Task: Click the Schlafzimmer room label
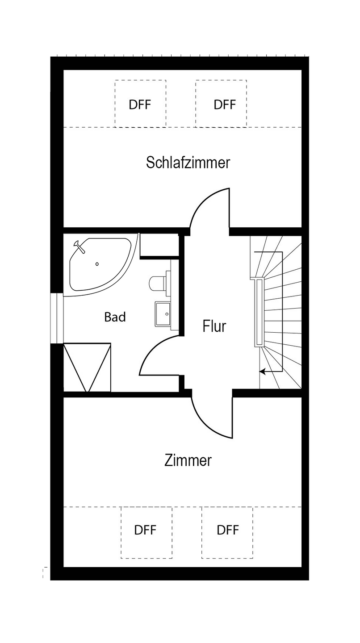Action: click(188, 163)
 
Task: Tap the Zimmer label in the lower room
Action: click(188, 460)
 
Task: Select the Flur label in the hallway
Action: click(214, 326)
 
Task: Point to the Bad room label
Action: click(115, 317)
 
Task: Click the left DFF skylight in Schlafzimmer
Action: click(140, 104)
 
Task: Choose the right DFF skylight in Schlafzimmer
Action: click(221, 104)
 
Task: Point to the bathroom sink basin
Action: click(162, 314)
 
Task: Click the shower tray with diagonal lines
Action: click(87, 367)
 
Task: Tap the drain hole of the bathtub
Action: click(97, 264)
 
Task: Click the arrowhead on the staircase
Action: click(262, 371)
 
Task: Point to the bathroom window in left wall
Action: click(57, 318)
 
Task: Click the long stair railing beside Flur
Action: click(258, 312)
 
